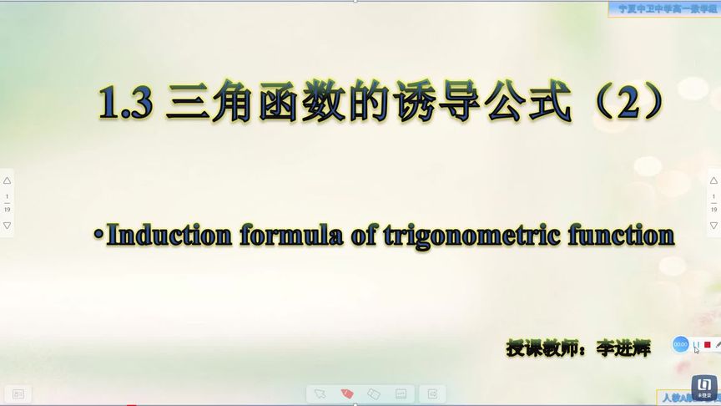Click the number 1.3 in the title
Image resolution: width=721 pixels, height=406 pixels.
pos(125,104)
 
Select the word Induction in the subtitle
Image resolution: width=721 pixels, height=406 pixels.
pos(169,235)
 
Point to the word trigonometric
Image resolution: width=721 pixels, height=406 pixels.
pos(471,235)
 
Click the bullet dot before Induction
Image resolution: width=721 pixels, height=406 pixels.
pos(98,236)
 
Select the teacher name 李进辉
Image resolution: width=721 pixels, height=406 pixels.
pos(623,348)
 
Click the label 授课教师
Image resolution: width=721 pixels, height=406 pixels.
pos(538,348)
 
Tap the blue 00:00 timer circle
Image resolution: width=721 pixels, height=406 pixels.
pos(680,344)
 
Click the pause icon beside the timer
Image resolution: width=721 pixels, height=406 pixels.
pos(696,344)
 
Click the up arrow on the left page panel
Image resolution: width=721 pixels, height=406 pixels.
pos(8,180)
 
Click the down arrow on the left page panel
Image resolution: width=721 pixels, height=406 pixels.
pos(8,226)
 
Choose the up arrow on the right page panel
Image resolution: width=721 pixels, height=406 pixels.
pos(713,180)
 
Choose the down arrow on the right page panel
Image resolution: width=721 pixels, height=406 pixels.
pos(713,226)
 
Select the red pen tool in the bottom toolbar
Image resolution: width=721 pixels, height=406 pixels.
pos(347,393)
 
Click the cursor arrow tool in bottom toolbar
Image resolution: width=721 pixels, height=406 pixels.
pos(319,393)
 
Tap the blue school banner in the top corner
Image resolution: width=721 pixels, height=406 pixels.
pos(664,8)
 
